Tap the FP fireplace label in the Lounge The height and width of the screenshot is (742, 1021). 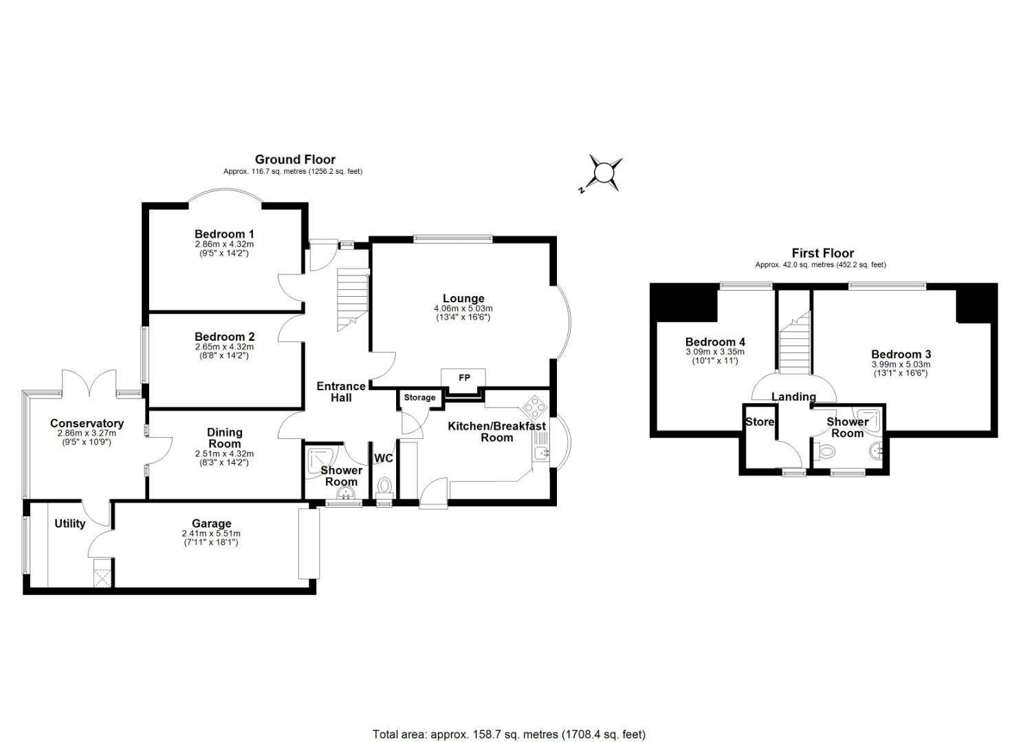464,378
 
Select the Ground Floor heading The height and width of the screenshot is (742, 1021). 295,159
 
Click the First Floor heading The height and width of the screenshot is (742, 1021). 822,253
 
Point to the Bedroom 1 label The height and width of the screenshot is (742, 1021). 224,234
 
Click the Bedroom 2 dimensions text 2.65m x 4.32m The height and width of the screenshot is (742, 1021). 224,347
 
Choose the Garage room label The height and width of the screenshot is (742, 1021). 211,524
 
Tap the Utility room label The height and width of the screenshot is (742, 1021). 70,524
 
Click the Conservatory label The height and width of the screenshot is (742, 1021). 87,423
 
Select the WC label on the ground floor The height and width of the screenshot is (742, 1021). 384,458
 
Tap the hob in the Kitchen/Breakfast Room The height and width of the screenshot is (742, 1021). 536,407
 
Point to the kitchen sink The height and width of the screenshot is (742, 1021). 540,452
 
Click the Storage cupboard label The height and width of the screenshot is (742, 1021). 419,398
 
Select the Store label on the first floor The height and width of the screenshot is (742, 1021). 760,422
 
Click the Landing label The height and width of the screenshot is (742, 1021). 793,396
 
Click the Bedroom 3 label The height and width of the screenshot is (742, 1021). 901,355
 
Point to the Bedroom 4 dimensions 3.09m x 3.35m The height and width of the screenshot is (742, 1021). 715,352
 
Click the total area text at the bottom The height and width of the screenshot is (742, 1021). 509,734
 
